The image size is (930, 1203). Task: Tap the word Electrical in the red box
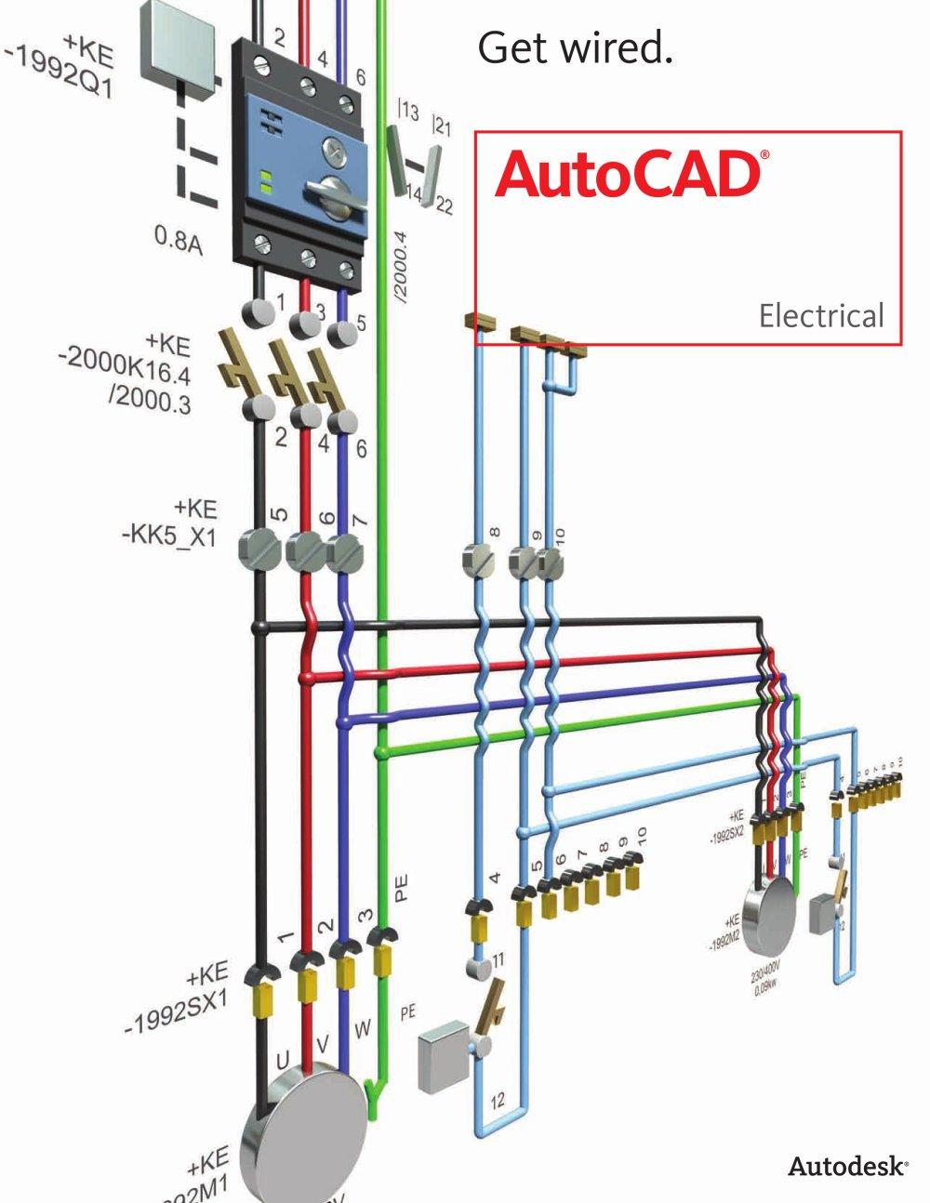[x=820, y=316]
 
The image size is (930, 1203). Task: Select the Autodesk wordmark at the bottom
[x=847, y=1166]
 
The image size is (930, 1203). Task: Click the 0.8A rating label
[x=178, y=241]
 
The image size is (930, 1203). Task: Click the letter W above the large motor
[x=363, y=1029]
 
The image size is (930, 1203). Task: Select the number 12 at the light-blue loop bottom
[x=498, y=1101]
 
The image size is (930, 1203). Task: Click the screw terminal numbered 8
[x=480, y=561]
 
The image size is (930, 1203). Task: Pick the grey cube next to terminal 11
[x=445, y=1057]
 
